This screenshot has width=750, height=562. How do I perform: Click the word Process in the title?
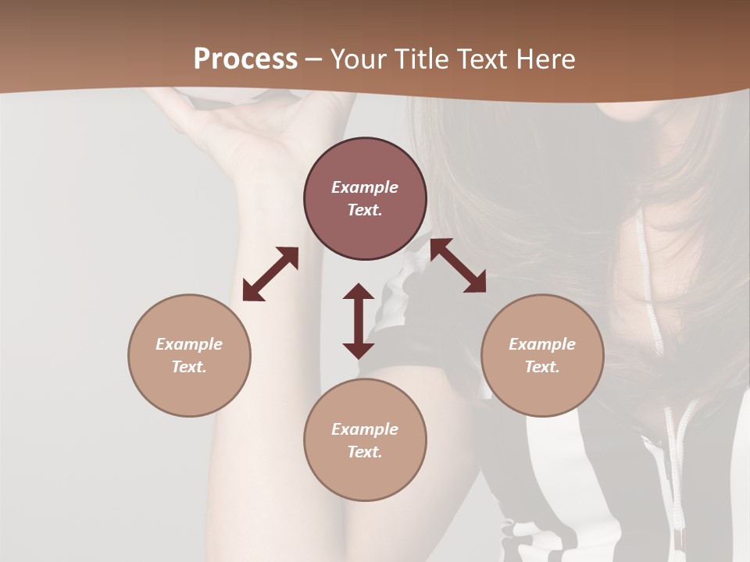(245, 59)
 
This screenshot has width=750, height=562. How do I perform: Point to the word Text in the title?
(487, 59)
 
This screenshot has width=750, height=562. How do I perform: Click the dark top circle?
(365, 198)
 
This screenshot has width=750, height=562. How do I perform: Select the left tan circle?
(189, 355)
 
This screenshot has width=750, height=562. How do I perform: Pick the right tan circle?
(542, 355)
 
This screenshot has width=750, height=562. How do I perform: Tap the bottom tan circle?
(365, 440)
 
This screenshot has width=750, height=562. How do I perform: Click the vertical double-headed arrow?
(359, 321)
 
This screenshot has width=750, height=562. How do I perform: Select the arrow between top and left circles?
(270, 274)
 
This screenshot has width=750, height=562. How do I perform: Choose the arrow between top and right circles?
(458, 265)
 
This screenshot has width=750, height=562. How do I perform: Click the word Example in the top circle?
(365, 187)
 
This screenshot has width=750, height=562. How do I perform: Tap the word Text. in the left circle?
(189, 367)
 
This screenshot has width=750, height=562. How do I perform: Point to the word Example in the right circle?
(542, 344)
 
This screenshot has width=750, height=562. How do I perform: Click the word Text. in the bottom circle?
(365, 452)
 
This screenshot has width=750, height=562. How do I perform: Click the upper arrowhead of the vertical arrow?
(359, 293)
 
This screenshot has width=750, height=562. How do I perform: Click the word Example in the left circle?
(189, 344)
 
